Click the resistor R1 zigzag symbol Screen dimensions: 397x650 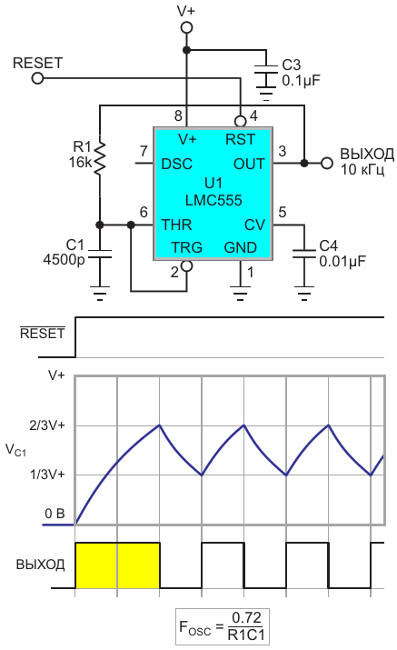point(100,158)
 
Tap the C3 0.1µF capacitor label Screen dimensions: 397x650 point(301,73)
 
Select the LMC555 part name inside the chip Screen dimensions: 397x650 point(213,201)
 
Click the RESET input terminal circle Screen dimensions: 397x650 point(38,78)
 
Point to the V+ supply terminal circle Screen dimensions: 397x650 point(187,28)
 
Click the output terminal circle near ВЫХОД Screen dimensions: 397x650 point(327,164)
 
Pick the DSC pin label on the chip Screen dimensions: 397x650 point(177,165)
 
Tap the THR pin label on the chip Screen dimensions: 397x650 point(176,225)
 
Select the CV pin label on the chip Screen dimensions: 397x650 point(254,225)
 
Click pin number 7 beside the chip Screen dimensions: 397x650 point(144,151)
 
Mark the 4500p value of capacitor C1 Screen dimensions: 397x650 point(64,260)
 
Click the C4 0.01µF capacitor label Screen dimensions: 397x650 point(342,254)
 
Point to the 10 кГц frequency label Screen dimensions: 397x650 point(362,170)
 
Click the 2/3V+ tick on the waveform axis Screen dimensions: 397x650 point(47,425)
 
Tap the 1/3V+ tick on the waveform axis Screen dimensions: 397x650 point(47,475)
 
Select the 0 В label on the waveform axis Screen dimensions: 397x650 point(55,514)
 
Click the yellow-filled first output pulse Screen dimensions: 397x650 point(118,565)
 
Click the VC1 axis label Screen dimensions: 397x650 point(15,450)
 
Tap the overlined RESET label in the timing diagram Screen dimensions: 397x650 point(43,334)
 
